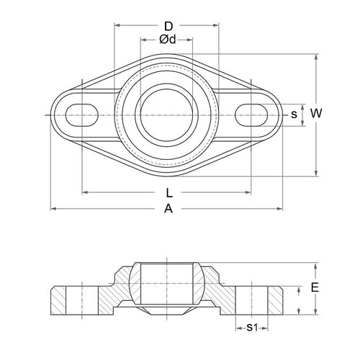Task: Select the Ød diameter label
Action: point(167,39)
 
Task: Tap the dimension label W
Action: point(315,113)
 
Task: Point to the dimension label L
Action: point(168,193)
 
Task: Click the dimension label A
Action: point(168,209)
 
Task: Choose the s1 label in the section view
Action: point(251,328)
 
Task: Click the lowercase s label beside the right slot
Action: point(293,114)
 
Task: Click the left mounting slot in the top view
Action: point(83,114)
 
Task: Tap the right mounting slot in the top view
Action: point(252,114)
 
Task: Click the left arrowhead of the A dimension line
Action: point(53,209)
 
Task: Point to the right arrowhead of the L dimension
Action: point(248,193)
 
